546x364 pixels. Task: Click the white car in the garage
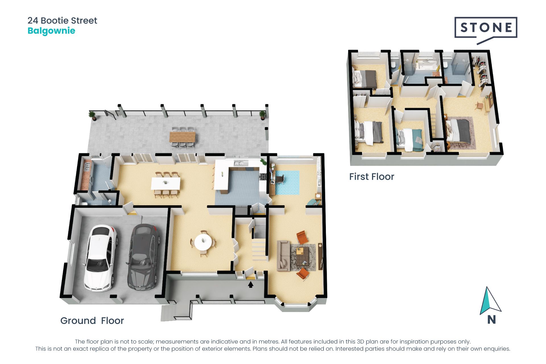click(100, 258)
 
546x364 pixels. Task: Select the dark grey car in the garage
click(143, 257)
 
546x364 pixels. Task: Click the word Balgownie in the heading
click(51, 31)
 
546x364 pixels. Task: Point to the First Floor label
click(371, 177)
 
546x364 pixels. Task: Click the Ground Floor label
click(92, 321)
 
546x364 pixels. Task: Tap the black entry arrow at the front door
click(251, 284)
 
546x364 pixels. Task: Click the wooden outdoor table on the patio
click(183, 137)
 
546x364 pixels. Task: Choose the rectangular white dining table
click(166, 183)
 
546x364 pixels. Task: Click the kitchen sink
click(239, 163)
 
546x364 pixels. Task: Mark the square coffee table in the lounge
click(303, 257)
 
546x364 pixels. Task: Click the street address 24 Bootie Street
click(62, 20)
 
